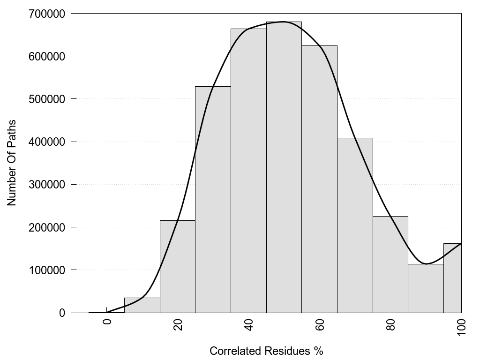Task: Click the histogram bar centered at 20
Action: point(178,267)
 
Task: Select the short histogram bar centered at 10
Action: point(142,305)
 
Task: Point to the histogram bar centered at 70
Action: point(355,225)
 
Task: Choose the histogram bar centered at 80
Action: point(390,264)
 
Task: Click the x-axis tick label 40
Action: point(249,325)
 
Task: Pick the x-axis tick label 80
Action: point(391,325)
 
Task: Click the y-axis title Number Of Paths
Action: point(12,163)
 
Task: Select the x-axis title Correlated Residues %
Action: point(266,351)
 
